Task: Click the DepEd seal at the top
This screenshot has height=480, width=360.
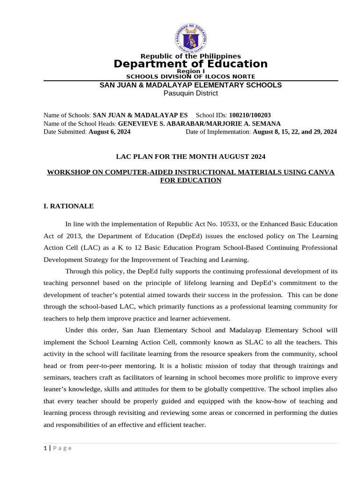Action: tap(190, 37)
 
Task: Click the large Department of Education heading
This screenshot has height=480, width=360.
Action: tap(190, 64)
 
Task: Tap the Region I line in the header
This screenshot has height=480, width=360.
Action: tap(190, 71)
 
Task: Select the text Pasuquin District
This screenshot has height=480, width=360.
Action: tap(190, 93)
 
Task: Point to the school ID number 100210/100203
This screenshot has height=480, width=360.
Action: tap(249, 115)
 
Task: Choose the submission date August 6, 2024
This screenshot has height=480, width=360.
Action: tap(109, 132)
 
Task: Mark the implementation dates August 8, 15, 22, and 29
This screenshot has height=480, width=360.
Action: tap(294, 132)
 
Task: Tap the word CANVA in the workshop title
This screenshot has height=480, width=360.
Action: tap(323, 172)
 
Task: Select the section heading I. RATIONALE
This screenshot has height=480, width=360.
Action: tap(68, 206)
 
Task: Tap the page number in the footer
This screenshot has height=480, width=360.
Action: tap(45, 448)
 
